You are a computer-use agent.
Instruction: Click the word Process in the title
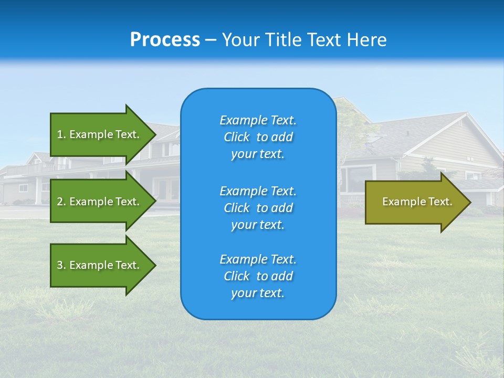pos(165,40)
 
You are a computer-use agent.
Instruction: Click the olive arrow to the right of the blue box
pos(415,202)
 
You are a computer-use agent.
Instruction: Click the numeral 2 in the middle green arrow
pos(60,202)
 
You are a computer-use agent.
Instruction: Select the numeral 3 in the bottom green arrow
pos(60,265)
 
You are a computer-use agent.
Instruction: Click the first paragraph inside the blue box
pos(258,137)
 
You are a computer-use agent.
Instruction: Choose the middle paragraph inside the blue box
pos(258,208)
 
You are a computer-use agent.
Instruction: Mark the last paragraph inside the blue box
pos(258,276)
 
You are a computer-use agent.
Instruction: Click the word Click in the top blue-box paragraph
pos(237,137)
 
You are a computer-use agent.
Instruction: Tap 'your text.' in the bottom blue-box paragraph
pos(258,293)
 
